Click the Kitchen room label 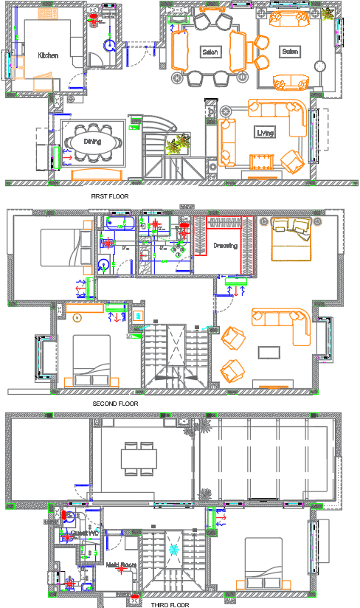(x=48, y=55)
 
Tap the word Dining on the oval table (x=92, y=140)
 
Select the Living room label (x=265, y=134)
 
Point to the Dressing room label (x=226, y=246)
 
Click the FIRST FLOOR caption (x=110, y=197)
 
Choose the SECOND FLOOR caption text (x=115, y=404)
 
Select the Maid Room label (x=121, y=566)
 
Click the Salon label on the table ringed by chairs (x=208, y=52)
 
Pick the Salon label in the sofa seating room (x=289, y=52)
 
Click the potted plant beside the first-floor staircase (x=178, y=143)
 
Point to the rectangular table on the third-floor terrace (x=139, y=455)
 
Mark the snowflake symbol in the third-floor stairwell (x=174, y=550)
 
